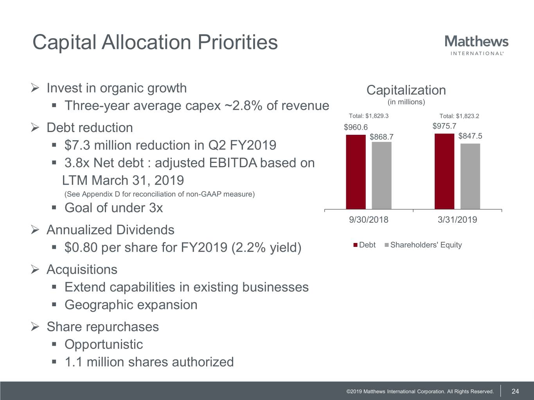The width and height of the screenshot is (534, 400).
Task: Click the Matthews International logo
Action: pyautogui.click(x=476, y=45)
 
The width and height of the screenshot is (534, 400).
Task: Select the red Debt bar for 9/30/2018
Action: pyautogui.click(x=356, y=172)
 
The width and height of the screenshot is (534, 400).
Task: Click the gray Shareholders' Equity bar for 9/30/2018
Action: pyautogui.click(x=381, y=175)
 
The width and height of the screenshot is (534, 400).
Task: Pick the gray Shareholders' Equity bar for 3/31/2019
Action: pyautogui.click(x=470, y=176)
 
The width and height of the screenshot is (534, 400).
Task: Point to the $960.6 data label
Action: pyautogui.click(x=356, y=127)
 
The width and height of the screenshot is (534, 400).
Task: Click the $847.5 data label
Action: pyautogui.click(x=470, y=136)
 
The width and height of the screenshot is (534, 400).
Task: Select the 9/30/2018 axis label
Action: pyautogui.click(x=369, y=220)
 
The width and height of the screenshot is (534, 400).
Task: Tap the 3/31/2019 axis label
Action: pyautogui.click(x=457, y=220)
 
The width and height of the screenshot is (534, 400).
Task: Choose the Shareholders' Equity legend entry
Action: pyautogui.click(x=423, y=245)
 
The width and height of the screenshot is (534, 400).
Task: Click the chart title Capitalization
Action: pyautogui.click(x=406, y=90)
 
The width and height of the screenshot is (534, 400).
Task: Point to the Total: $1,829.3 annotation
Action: pyautogui.click(x=369, y=116)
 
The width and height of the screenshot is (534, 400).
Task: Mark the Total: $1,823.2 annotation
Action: pyautogui.click(x=459, y=116)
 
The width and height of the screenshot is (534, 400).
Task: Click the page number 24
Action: pyautogui.click(x=515, y=391)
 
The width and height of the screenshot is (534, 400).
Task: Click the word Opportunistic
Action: pyautogui.click(x=104, y=344)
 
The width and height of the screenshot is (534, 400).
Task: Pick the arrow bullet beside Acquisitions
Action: pyautogui.click(x=34, y=270)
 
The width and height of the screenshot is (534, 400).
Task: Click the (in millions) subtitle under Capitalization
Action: pyautogui.click(x=406, y=102)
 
